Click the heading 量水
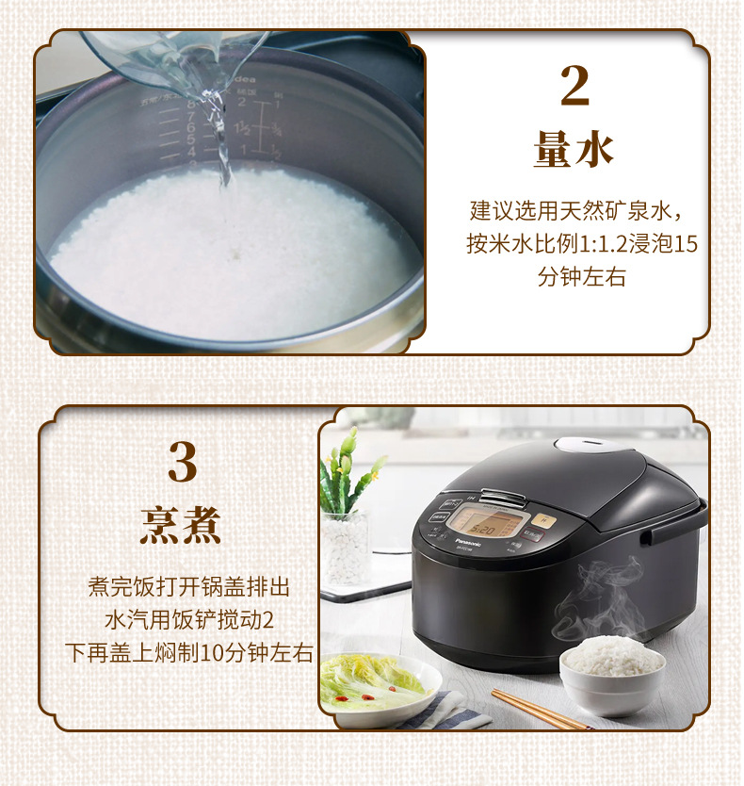point(574,149)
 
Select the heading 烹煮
point(181,524)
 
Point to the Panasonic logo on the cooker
point(467,543)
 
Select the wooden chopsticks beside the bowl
point(537,710)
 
